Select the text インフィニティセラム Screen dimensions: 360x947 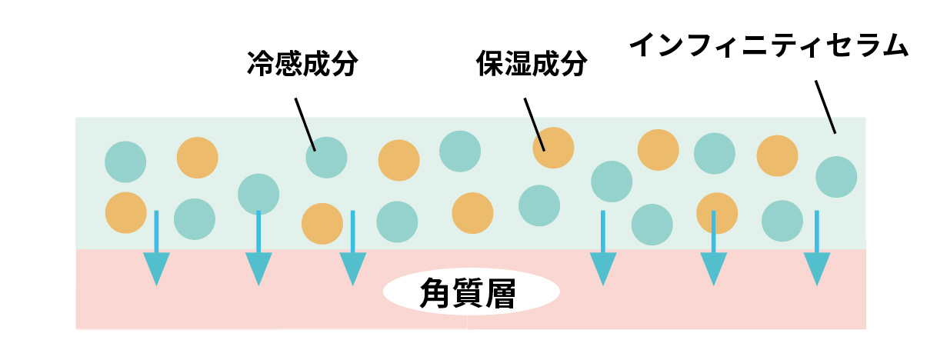(769, 47)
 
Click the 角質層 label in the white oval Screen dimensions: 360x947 (470, 292)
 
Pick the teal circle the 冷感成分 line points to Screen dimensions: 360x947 (326, 157)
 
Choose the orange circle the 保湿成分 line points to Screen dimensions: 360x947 (553, 148)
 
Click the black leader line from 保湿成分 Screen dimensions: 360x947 (535, 123)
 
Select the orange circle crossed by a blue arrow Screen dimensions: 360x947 (716, 213)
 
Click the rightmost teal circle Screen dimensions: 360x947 (836, 176)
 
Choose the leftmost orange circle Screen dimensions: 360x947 (125, 212)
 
